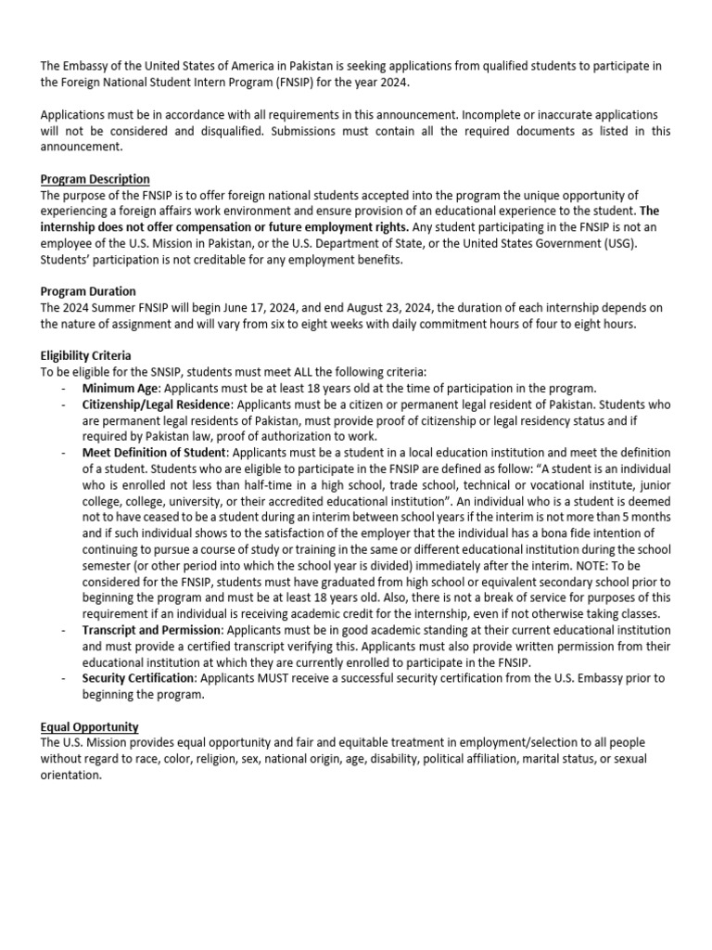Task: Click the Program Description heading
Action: [95, 179]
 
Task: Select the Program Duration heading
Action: [88, 291]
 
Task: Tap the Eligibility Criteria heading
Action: [85, 355]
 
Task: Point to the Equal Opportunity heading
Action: [89, 726]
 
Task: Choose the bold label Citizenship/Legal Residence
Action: [154, 404]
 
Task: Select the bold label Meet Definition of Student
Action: [153, 453]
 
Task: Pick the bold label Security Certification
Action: [138, 678]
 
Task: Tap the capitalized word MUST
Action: [278, 678]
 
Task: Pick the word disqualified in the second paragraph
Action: [239, 131]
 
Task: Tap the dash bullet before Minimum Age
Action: [63, 389]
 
